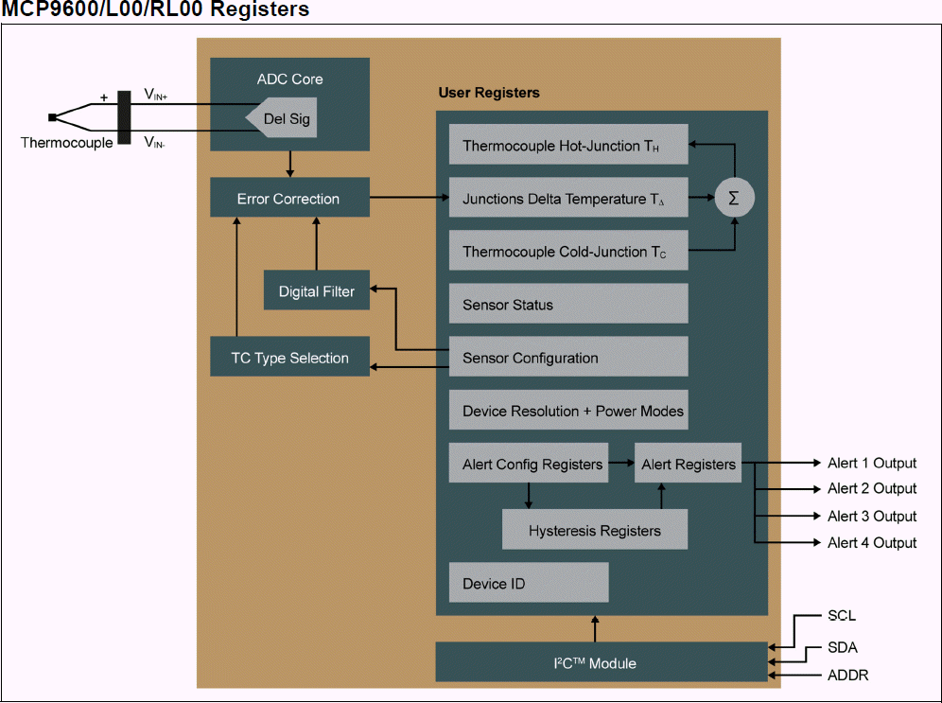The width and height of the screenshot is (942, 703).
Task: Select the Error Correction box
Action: click(288, 199)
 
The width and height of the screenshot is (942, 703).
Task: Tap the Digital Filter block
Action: click(316, 291)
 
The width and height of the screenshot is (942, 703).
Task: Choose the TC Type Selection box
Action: click(289, 358)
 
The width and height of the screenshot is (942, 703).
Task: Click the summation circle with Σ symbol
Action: click(734, 199)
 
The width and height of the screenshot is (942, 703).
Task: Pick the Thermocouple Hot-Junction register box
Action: click(567, 146)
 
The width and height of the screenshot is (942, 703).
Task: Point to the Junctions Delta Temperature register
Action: click(567, 199)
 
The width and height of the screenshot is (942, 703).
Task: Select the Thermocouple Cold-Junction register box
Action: click(567, 252)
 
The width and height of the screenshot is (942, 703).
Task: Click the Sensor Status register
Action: click(567, 305)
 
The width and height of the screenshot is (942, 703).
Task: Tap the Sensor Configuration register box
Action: click(567, 358)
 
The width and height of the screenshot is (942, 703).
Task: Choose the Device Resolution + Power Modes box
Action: click(567, 411)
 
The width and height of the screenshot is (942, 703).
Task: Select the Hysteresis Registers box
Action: click(594, 530)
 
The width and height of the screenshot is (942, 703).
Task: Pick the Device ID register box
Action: click(528, 583)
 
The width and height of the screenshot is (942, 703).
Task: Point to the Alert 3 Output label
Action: click(871, 516)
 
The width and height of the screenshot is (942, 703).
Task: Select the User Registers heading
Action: click(489, 93)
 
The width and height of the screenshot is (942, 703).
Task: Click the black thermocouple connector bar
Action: click(124, 118)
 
